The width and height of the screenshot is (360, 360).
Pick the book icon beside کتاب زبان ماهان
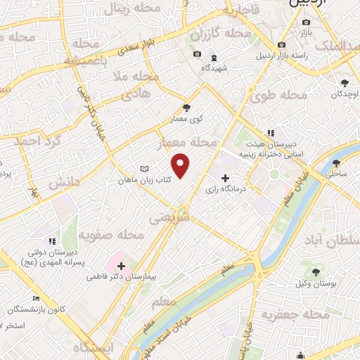pyautogui.click(x=144, y=169)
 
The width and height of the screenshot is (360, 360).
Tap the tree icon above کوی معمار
pyautogui.click(x=186, y=108)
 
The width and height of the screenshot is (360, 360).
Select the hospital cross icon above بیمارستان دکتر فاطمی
pyautogui.click(x=122, y=266)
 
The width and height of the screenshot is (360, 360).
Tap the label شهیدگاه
pyautogui.click(x=213, y=68)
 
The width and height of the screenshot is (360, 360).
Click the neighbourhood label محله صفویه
pyautogui.click(x=106, y=235)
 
